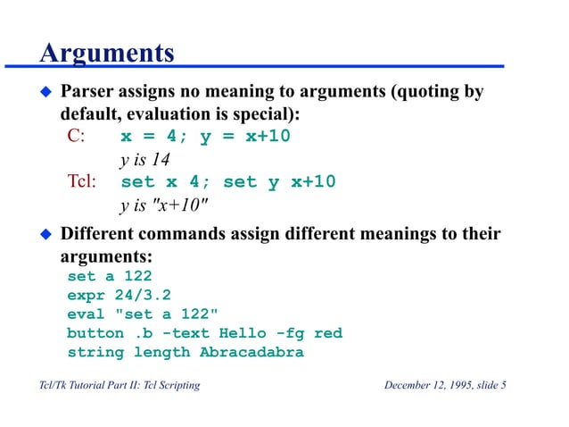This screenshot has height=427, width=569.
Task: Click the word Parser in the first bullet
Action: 87,93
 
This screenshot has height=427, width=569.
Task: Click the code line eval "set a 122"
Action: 143,314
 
